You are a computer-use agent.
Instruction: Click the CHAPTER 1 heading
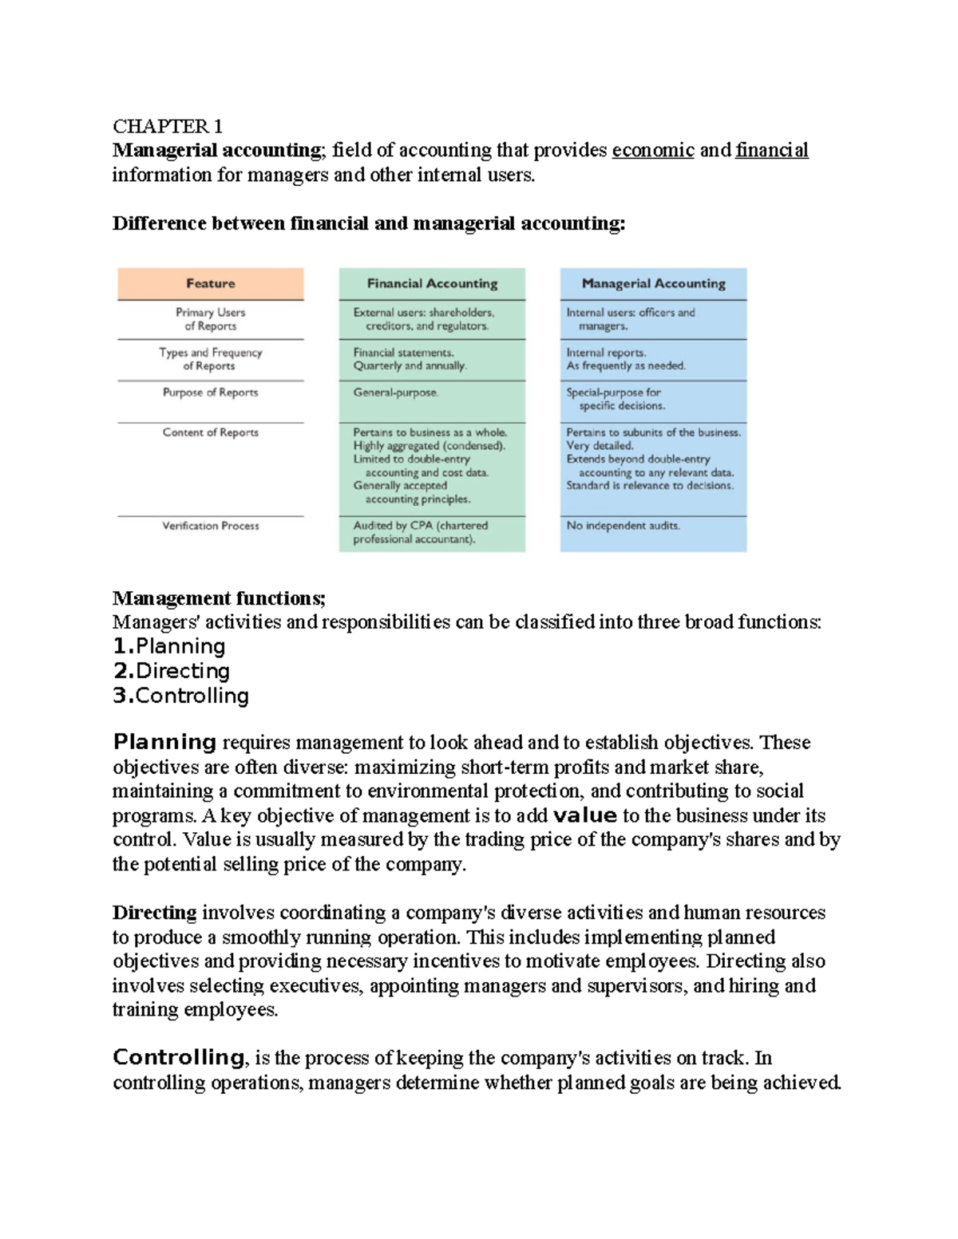pyautogui.click(x=168, y=126)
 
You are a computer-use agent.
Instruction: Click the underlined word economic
pyautogui.click(x=652, y=150)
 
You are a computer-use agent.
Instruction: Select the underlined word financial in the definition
pyautogui.click(x=771, y=150)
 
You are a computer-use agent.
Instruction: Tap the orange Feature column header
pyautogui.click(x=211, y=283)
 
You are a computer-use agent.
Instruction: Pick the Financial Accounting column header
pyautogui.click(x=432, y=283)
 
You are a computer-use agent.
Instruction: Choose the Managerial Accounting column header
pyautogui.click(x=653, y=283)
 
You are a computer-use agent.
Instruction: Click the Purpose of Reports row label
pyautogui.click(x=211, y=393)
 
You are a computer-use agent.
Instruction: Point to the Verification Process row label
pyautogui.click(x=211, y=526)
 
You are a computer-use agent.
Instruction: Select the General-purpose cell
pyautogui.click(x=396, y=393)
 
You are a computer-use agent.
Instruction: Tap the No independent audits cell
pyautogui.click(x=623, y=526)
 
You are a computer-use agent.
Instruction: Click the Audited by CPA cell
pyautogui.click(x=421, y=532)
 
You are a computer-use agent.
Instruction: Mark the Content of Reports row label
pyautogui.click(x=211, y=432)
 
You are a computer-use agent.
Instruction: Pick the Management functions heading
pyautogui.click(x=219, y=598)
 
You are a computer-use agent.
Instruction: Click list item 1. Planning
pyautogui.click(x=169, y=646)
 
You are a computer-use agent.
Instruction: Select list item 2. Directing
pyautogui.click(x=172, y=671)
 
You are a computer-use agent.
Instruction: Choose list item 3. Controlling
pyautogui.click(x=181, y=696)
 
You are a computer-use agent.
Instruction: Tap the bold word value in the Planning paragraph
pyautogui.click(x=585, y=815)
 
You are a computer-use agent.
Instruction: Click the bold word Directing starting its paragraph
pyautogui.click(x=155, y=913)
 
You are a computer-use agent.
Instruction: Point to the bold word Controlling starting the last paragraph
pyautogui.click(x=179, y=1058)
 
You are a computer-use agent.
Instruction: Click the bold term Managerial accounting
pyautogui.click(x=217, y=150)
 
